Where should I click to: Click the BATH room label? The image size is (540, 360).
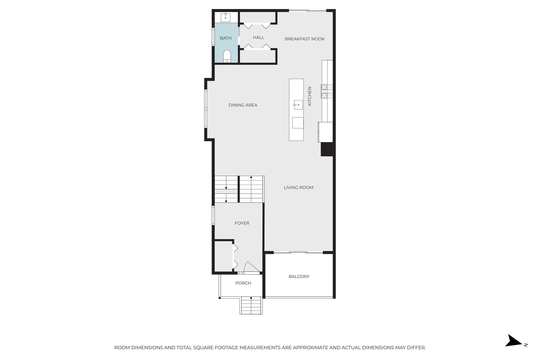226,38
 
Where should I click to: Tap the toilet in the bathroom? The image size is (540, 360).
227,56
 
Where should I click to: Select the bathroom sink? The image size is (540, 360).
225,18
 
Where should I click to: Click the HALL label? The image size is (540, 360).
258,38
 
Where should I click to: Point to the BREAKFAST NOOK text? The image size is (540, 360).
305,39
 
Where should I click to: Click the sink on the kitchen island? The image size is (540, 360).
298,105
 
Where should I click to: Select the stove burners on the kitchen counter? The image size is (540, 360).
327,91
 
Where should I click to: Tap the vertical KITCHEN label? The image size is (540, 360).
310,96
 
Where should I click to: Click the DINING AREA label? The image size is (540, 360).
243,105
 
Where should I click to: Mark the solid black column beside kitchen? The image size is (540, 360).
327,149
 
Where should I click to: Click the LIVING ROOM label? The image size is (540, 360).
298,188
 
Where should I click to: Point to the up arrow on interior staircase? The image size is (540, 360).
251,177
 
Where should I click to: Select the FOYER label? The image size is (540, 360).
242,223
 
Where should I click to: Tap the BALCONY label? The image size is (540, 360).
299,276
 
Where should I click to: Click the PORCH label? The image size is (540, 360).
243,283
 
